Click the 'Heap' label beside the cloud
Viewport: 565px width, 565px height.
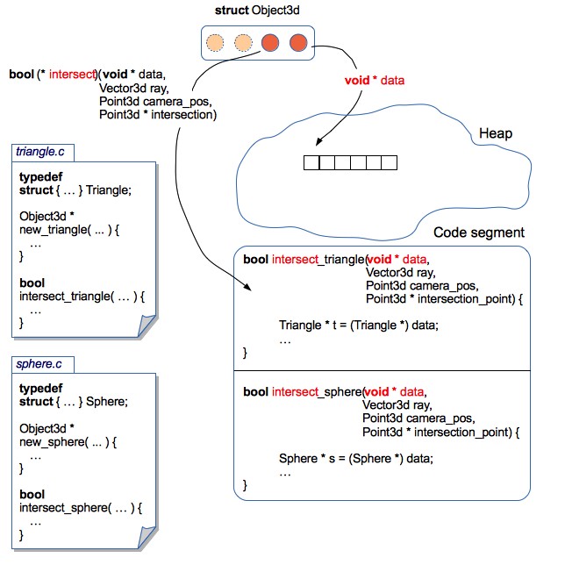pyautogui.click(x=495, y=134)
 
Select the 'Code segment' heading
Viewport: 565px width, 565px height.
pyautogui.click(x=479, y=232)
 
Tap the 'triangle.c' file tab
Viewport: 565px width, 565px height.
pyautogui.click(x=41, y=152)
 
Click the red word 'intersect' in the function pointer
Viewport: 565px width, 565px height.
pyautogui.click(x=73, y=74)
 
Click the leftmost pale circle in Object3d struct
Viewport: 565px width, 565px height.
pyautogui.click(x=214, y=41)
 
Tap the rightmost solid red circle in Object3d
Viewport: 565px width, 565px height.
pyautogui.click(x=298, y=41)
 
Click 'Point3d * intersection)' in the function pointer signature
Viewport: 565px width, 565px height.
pyautogui.click(x=158, y=114)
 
